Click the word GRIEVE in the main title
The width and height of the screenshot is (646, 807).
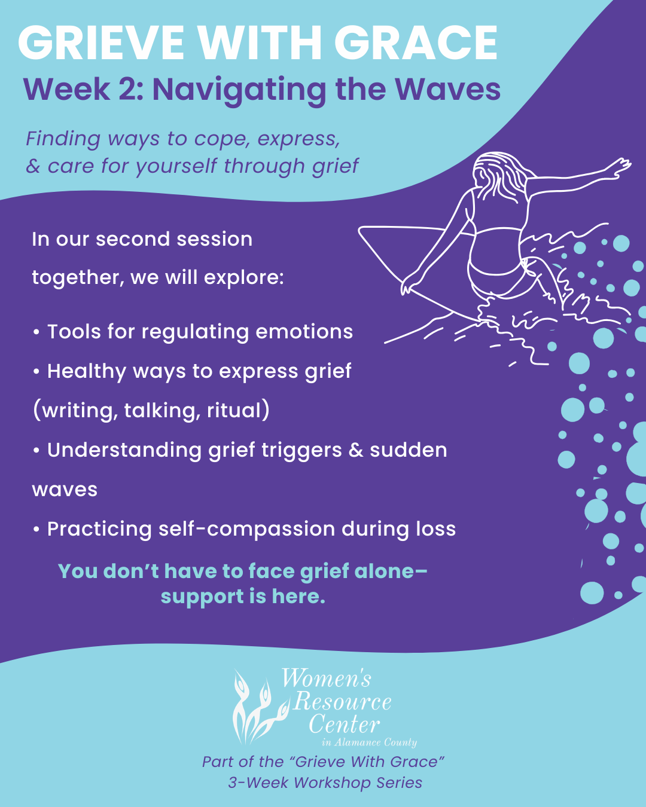(101, 43)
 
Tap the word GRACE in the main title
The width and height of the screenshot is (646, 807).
(416, 43)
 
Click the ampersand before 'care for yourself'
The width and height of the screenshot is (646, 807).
(33, 166)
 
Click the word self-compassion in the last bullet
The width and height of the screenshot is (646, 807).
(246, 530)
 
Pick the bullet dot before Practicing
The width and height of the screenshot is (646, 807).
(36, 530)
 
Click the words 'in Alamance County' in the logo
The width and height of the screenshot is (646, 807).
(370, 742)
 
